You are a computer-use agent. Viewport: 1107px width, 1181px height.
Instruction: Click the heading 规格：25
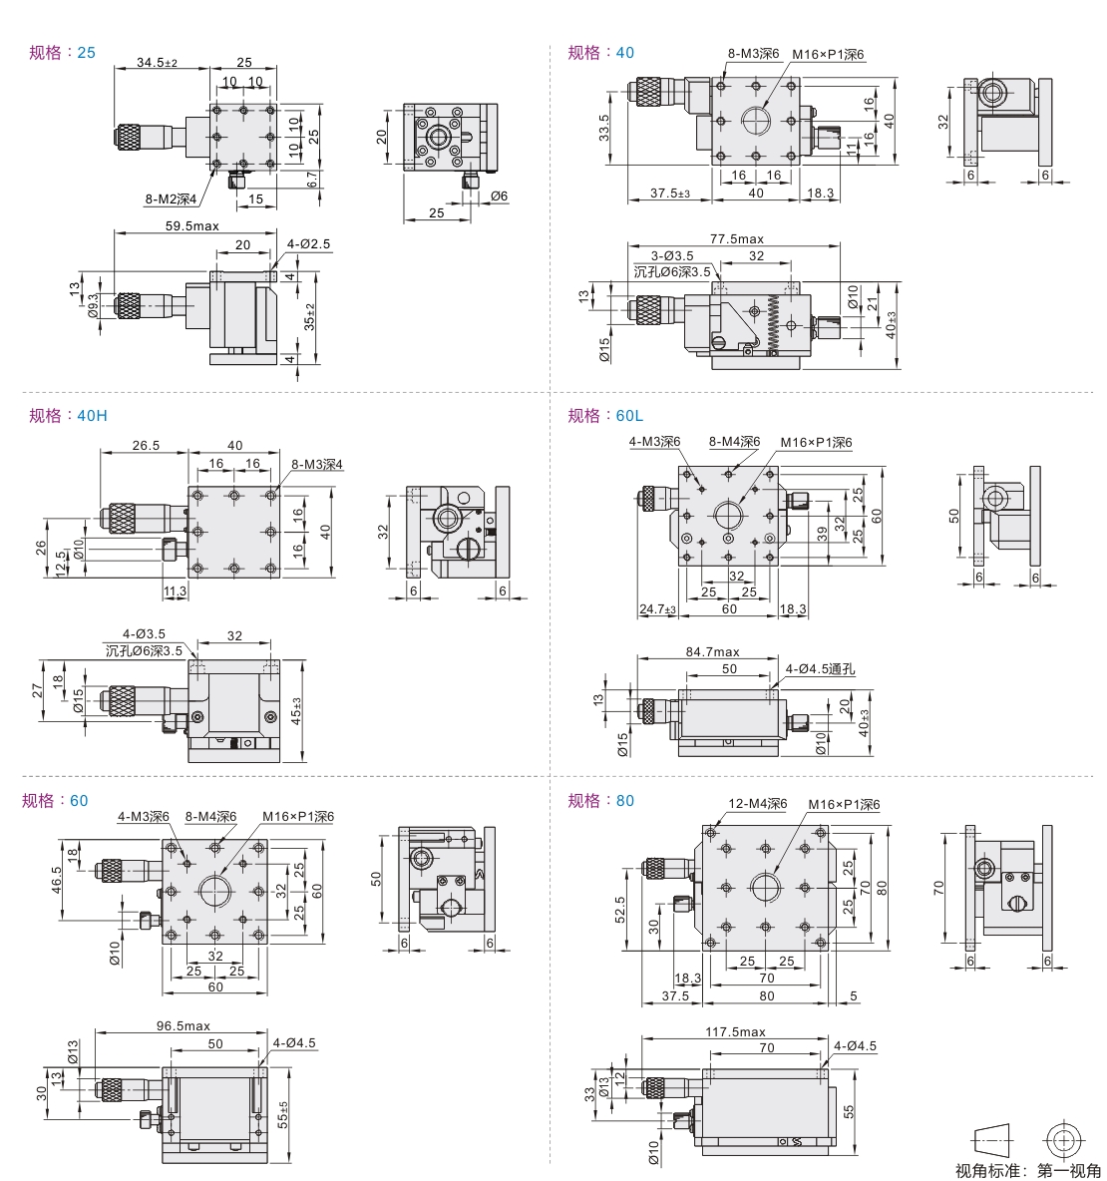(62, 52)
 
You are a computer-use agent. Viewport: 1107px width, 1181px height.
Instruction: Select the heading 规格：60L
(605, 415)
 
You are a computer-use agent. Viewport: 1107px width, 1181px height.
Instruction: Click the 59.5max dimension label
(191, 226)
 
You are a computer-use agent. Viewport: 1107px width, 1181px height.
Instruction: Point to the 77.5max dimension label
(736, 239)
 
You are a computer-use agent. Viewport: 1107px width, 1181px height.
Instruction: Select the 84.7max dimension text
(712, 651)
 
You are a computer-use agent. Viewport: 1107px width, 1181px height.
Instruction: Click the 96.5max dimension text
(184, 1025)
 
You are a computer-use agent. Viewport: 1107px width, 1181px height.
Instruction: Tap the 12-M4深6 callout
(758, 804)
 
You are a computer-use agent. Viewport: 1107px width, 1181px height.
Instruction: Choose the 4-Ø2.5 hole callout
(308, 243)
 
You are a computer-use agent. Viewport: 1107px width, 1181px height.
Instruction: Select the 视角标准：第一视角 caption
(1027, 1170)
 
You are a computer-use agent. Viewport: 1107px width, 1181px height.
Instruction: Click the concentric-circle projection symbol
(1063, 1138)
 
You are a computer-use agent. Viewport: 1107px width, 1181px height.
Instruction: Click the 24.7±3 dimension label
(658, 608)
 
